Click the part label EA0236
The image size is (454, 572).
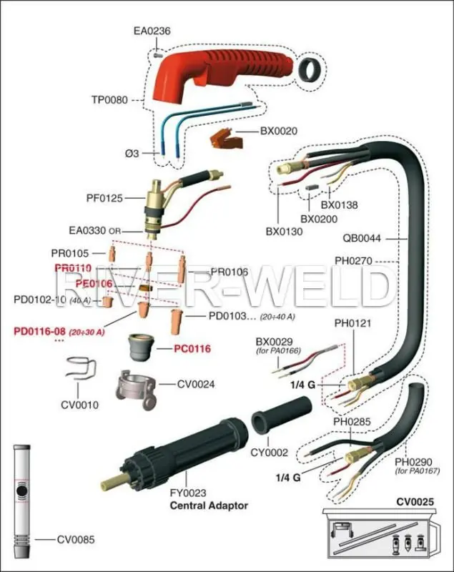[152, 31]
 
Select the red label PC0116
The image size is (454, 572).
[193, 349]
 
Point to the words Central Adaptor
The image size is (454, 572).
[209, 506]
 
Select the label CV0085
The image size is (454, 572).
[76, 540]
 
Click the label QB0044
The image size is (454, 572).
[362, 240]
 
